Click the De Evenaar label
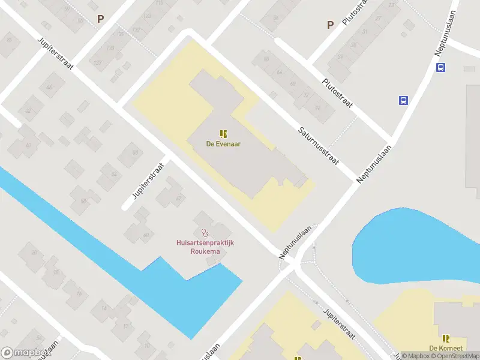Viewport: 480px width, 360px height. click(224, 144)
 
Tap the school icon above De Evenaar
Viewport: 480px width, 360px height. click(224, 134)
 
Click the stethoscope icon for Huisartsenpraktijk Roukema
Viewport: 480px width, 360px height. click(205, 232)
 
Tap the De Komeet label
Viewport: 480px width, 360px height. click(445, 349)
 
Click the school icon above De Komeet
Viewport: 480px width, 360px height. click(446, 338)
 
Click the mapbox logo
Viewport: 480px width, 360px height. click(26, 352)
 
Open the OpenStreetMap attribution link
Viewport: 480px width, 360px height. click(453, 356)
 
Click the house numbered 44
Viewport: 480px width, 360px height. click(49, 88)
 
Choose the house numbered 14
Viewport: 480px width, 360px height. click(104, 308)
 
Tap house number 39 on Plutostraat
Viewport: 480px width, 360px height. click(340, 58)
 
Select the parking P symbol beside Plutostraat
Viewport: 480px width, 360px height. click(329, 25)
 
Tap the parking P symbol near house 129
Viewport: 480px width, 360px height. click(101, 18)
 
